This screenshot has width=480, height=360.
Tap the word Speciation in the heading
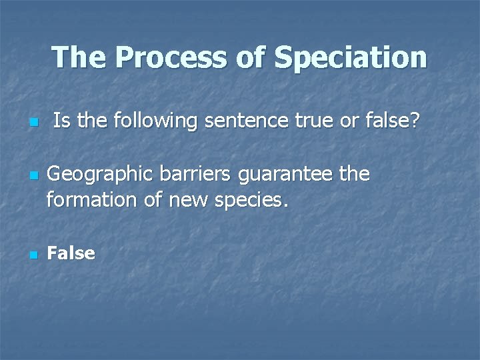pos(350,58)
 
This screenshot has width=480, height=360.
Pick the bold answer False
pos(71,253)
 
